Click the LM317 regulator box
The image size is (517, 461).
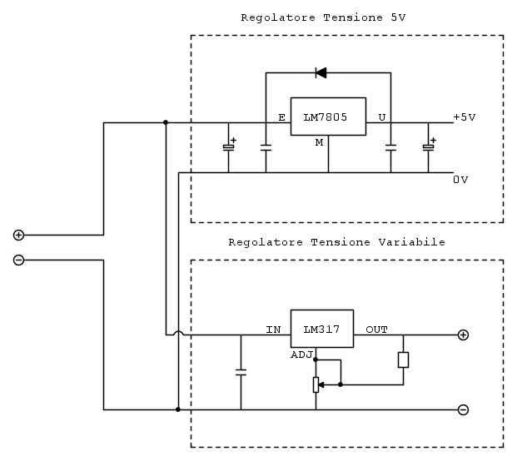tap(321, 329)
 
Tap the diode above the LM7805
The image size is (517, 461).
tap(321, 72)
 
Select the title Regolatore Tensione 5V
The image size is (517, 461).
tap(324, 17)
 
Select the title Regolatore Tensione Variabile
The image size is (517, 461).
tap(336, 242)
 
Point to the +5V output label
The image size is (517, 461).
tap(465, 117)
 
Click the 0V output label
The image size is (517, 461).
tap(460, 179)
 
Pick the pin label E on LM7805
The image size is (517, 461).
tap(281, 117)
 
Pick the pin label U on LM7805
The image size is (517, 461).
tap(381, 117)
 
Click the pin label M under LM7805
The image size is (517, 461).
tap(318, 142)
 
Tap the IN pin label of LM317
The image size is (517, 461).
tap(273, 330)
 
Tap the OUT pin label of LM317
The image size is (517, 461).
tap(376, 330)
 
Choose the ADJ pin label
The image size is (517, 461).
tap(301, 354)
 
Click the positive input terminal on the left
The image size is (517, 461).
tap(18, 235)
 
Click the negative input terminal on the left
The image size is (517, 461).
tap(18, 260)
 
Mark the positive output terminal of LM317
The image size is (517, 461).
tap(463, 335)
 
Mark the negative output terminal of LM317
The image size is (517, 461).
tap(463, 409)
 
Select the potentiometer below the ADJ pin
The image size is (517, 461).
tap(316, 384)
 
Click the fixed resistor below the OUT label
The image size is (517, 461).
tap(403, 359)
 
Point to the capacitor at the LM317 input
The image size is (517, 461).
tap(241, 372)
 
